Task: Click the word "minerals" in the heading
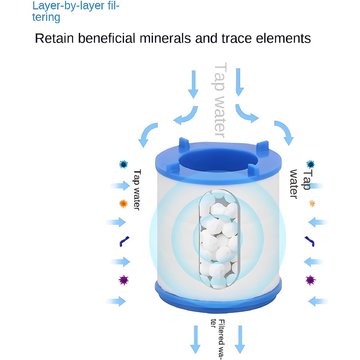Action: pyautogui.click(x=165, y=38)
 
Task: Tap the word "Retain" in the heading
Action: pyautogui.click(x=54, y=38)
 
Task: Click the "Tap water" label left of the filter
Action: pyautogui.click(x=137, y=190)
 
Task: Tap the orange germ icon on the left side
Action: pyautogui.click(x=123, y=204)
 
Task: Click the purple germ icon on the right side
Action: pyautogui.click(x=311, y=280)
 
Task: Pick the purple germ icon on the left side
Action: pyautogui.click(x=123, y=280)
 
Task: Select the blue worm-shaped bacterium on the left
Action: pyautogui.click(x=124, y=241)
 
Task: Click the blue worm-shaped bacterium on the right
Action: pyautogui.click(x=310, y=241)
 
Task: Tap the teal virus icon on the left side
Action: pyautogui.click(x=123, y=165)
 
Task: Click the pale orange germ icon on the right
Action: pyautogui.click(x=312, y=204)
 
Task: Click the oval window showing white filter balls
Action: pyautogui.click(x=219, y=239)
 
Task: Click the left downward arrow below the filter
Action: pyautogui.click(x=195, y=340)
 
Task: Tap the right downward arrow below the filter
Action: pyautogui.click(x=240, y=340)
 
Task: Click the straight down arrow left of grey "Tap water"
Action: pyautogui.click(x=193, y=84)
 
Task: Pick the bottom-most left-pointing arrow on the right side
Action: pyautogui.click(x=318, y=301)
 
